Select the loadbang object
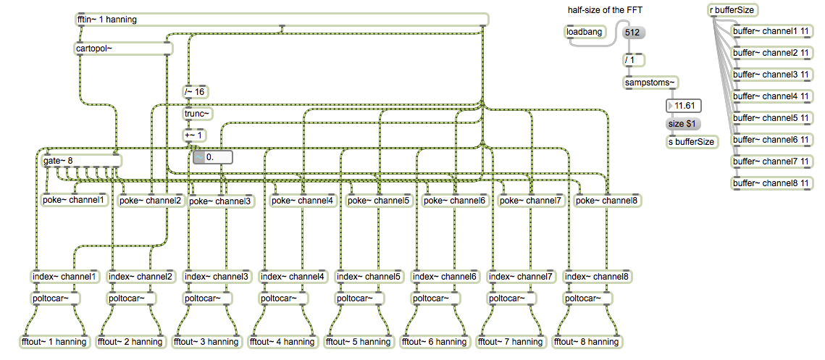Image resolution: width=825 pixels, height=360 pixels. tap(584, 32)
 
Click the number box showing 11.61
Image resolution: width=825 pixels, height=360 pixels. tap(684, 106)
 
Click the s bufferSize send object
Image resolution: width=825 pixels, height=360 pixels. tap(692, 141)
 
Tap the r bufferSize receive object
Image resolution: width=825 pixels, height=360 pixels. tap(733, 10)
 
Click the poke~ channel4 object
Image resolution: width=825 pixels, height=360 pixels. tap(303, 201)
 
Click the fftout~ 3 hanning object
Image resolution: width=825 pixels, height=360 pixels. tap(209, 342)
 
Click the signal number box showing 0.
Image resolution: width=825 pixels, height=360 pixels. tap(213, 157)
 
